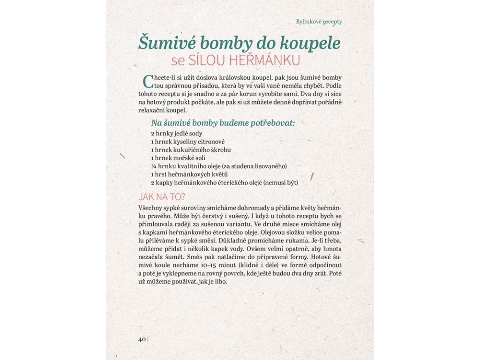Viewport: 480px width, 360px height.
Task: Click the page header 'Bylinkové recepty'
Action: click(319, 22)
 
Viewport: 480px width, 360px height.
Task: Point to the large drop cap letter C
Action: click(148, 81)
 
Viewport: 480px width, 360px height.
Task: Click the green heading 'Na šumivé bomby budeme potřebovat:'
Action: click(223, 123)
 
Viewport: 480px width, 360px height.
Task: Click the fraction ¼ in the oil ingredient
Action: click(153, 166)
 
